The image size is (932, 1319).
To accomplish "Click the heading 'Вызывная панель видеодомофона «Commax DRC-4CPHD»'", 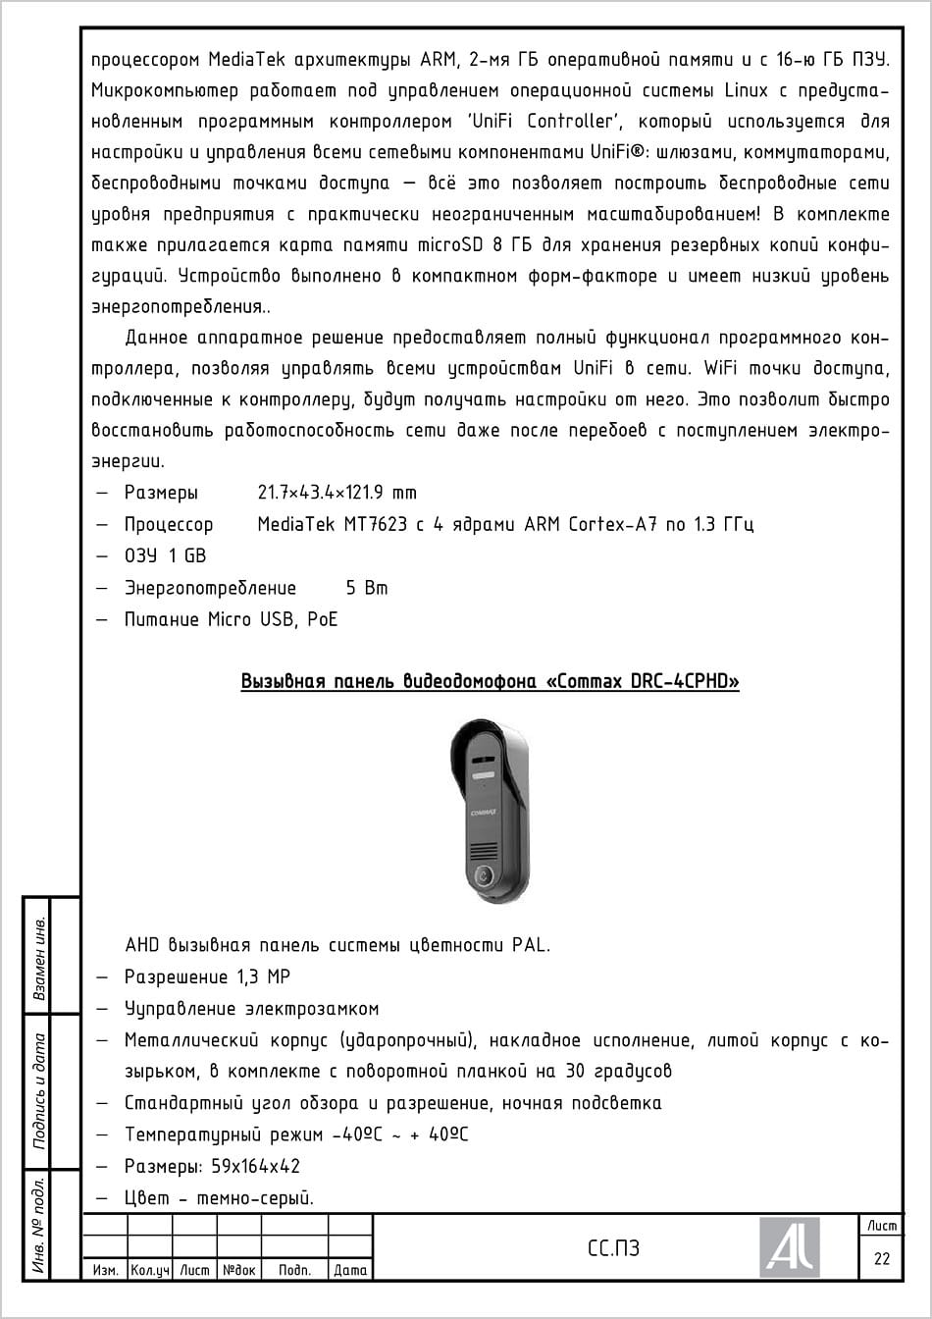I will [x=490, y=681].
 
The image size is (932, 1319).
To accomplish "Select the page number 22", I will [x=881, y=1258].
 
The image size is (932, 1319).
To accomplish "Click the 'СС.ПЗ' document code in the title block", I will [x=613, y=1248].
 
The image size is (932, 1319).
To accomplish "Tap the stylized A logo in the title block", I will [x=790, y=1247].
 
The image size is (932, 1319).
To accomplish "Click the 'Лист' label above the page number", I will [x=881, y=1225].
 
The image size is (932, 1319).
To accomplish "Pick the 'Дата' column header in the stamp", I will [x=350, y=1270].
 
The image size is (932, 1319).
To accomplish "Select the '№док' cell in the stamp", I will [x=239, y=1270].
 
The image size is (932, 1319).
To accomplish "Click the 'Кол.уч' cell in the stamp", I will [x=150, y=1270].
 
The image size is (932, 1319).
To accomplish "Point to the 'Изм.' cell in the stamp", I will [x=105, y=1270].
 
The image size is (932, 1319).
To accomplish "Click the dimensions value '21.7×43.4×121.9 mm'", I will [x=337, y=493].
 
